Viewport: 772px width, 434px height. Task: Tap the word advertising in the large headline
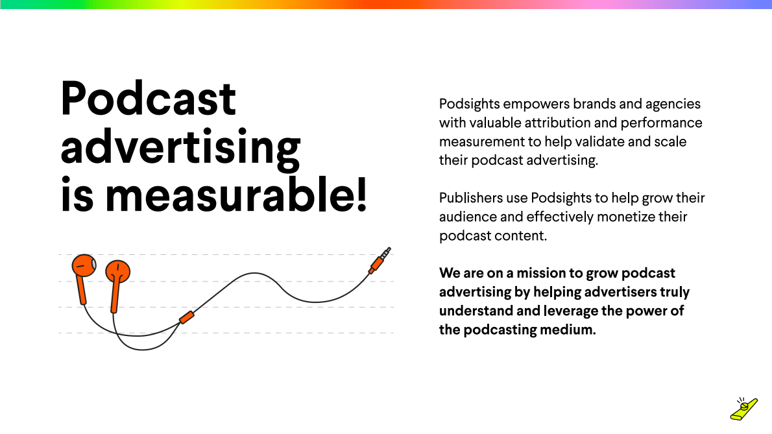pos(180,149)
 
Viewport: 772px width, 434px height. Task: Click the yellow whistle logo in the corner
pos(743,408)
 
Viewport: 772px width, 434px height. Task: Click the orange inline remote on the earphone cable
pos(186,317)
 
